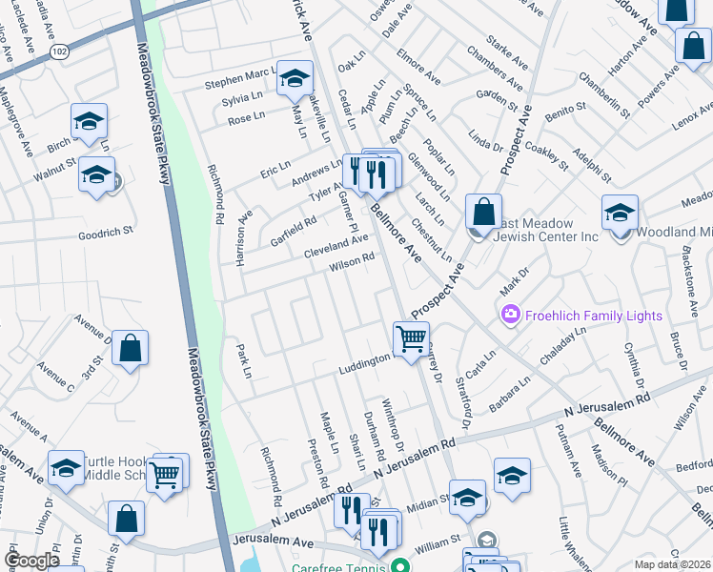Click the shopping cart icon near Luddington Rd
411,337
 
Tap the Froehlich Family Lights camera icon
510,313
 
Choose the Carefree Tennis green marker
402,565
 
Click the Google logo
31,561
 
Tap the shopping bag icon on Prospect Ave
483,211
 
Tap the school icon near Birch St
89,122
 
